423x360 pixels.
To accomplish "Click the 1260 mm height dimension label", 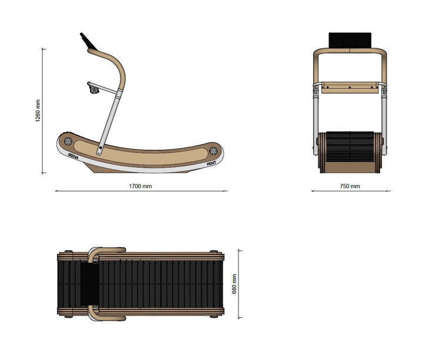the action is click(38, 111).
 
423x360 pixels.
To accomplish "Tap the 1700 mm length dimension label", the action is click(140, 186).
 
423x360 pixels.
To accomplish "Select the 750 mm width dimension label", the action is click(350, 186).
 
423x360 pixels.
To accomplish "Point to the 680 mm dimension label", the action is click(234, 284).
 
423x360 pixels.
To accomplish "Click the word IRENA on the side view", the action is click(73, 156).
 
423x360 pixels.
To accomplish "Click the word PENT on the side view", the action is click(211, 163).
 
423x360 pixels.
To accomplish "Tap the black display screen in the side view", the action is click(88, 41).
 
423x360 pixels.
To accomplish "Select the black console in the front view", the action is click(350, 41).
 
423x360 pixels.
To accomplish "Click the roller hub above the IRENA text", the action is click(68, 141).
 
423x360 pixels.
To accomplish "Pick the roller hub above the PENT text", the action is click(213, 150).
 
